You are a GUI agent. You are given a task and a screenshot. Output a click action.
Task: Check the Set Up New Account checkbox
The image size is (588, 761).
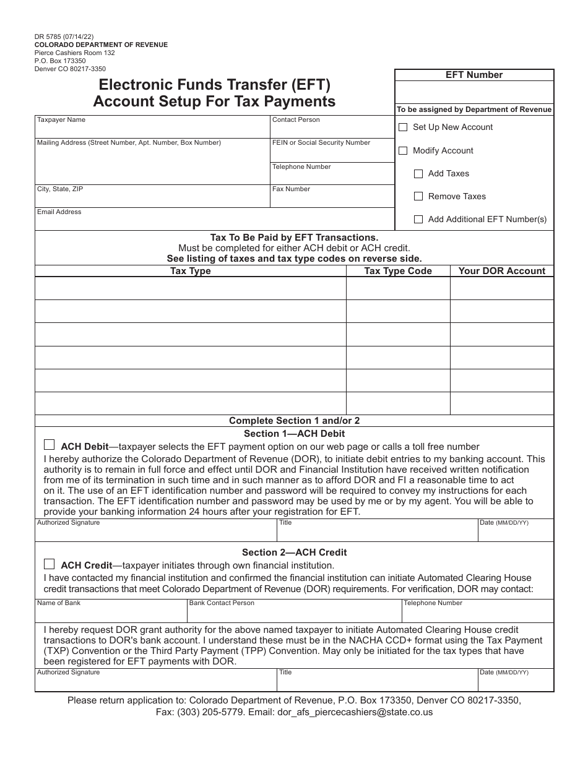403,127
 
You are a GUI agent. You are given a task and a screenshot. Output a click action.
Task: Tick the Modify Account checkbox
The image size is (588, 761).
403,150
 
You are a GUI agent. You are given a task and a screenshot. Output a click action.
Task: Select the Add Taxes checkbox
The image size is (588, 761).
418,174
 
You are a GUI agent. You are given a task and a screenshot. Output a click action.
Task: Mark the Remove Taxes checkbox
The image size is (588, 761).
418,197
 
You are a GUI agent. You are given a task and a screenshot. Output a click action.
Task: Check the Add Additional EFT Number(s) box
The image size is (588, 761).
418,220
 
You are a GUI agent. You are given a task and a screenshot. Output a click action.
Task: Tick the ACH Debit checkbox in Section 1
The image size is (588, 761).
50,445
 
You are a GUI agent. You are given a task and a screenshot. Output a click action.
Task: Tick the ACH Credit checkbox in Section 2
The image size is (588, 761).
50,564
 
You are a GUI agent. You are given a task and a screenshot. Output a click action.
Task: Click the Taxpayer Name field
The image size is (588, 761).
152,130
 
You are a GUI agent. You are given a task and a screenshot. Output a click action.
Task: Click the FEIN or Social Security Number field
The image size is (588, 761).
332,152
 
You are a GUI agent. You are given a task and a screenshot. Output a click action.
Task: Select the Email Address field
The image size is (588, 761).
214,221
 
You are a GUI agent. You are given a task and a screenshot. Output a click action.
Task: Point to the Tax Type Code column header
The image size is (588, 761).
398,271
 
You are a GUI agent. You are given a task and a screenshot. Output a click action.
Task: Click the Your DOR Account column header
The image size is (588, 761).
502,271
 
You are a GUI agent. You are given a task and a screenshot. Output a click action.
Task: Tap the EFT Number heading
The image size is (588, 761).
474,75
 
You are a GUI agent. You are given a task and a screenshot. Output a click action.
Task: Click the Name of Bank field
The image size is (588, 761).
111,613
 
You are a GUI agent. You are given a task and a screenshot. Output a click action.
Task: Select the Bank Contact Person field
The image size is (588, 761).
294,613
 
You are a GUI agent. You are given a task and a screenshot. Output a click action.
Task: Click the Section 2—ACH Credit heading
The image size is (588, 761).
295,552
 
